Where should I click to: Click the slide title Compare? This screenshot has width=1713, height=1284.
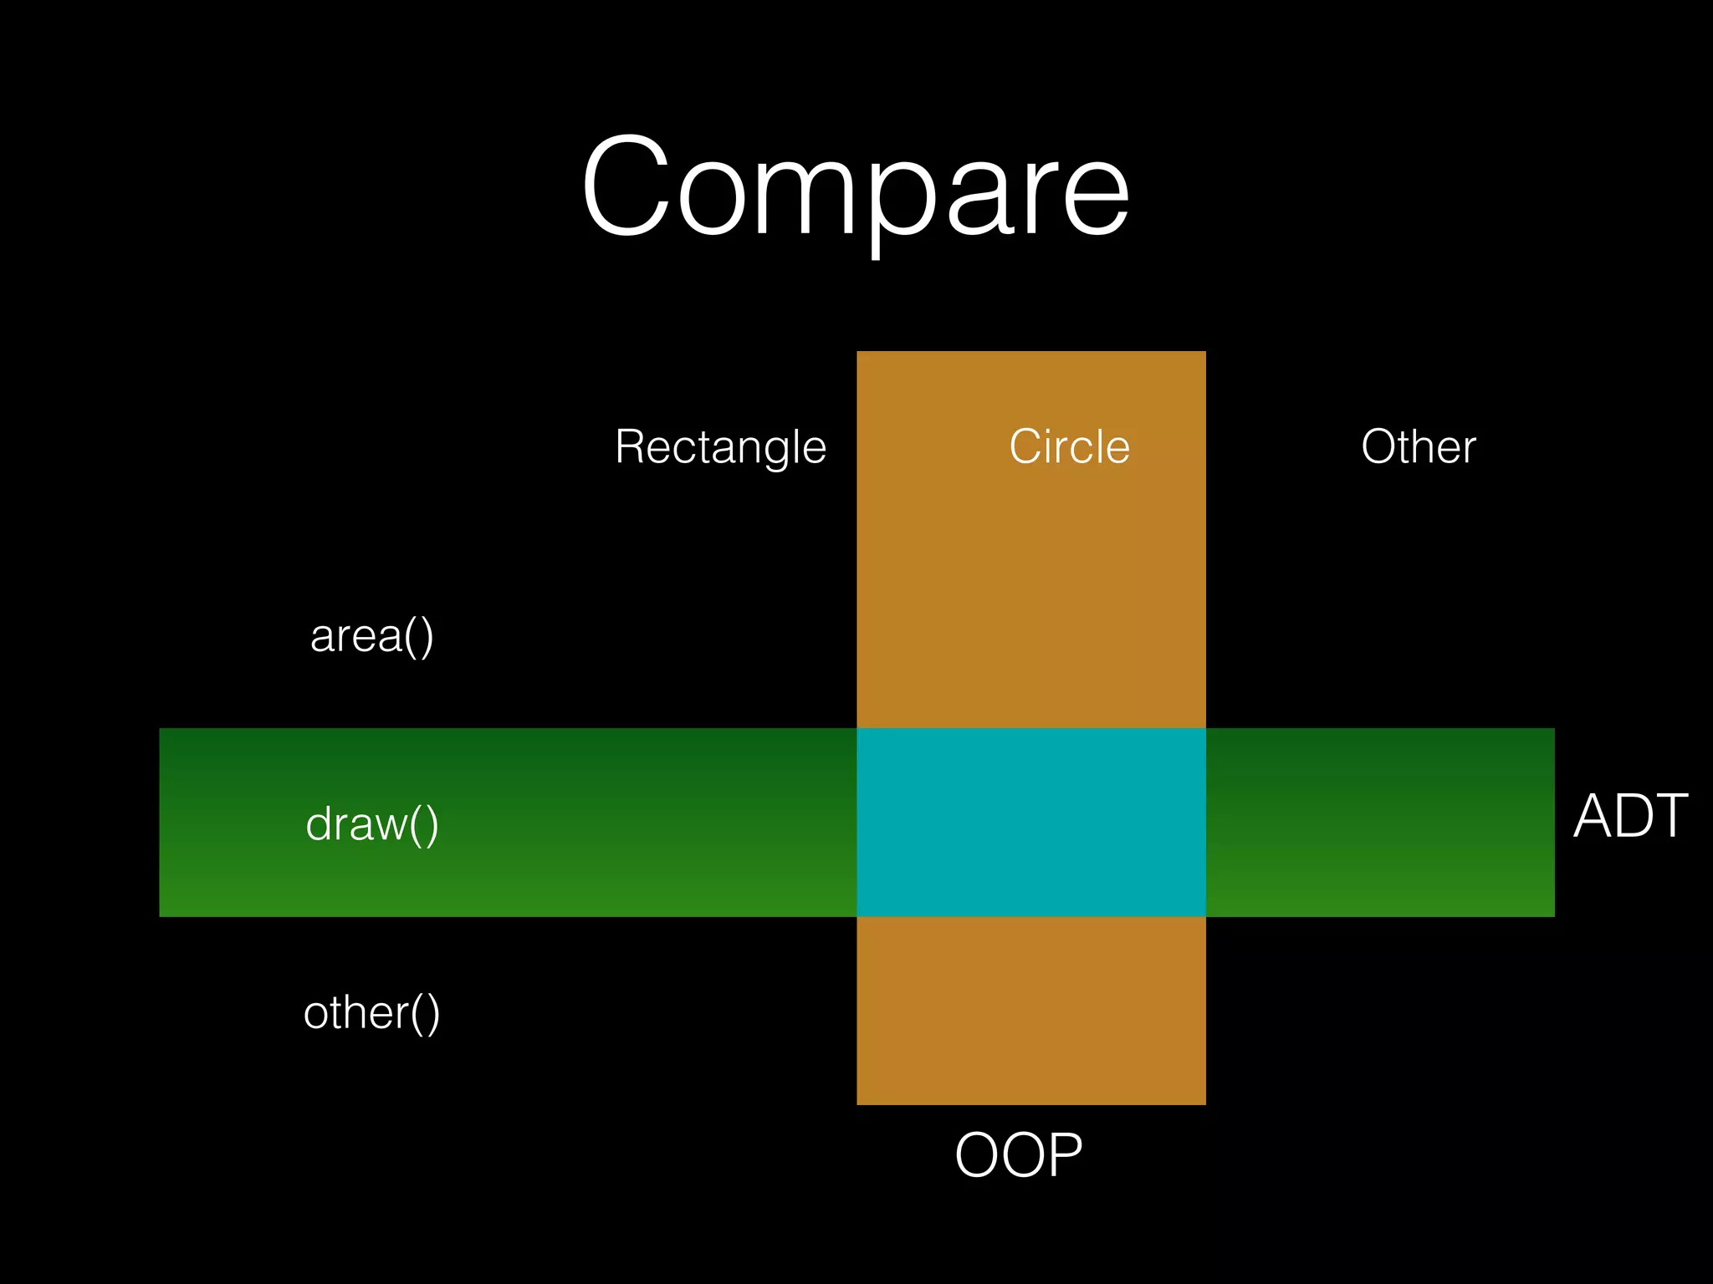(855, 188)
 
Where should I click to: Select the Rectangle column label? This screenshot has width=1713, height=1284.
(720, 447)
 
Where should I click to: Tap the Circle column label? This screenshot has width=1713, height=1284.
(1069, 446)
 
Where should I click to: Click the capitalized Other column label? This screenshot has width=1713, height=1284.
(1418, 446)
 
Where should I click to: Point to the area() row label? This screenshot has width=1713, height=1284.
(371, 636)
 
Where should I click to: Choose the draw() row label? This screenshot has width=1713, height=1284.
(371, 824)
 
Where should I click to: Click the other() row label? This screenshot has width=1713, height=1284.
(371, 1013)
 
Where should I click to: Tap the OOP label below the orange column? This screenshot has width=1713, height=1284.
(1018, 1155)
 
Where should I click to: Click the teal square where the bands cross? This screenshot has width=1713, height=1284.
(1030, 823)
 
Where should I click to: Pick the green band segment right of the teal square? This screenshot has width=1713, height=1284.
(1380, 823)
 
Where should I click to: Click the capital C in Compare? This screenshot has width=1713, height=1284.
(626, 186)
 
